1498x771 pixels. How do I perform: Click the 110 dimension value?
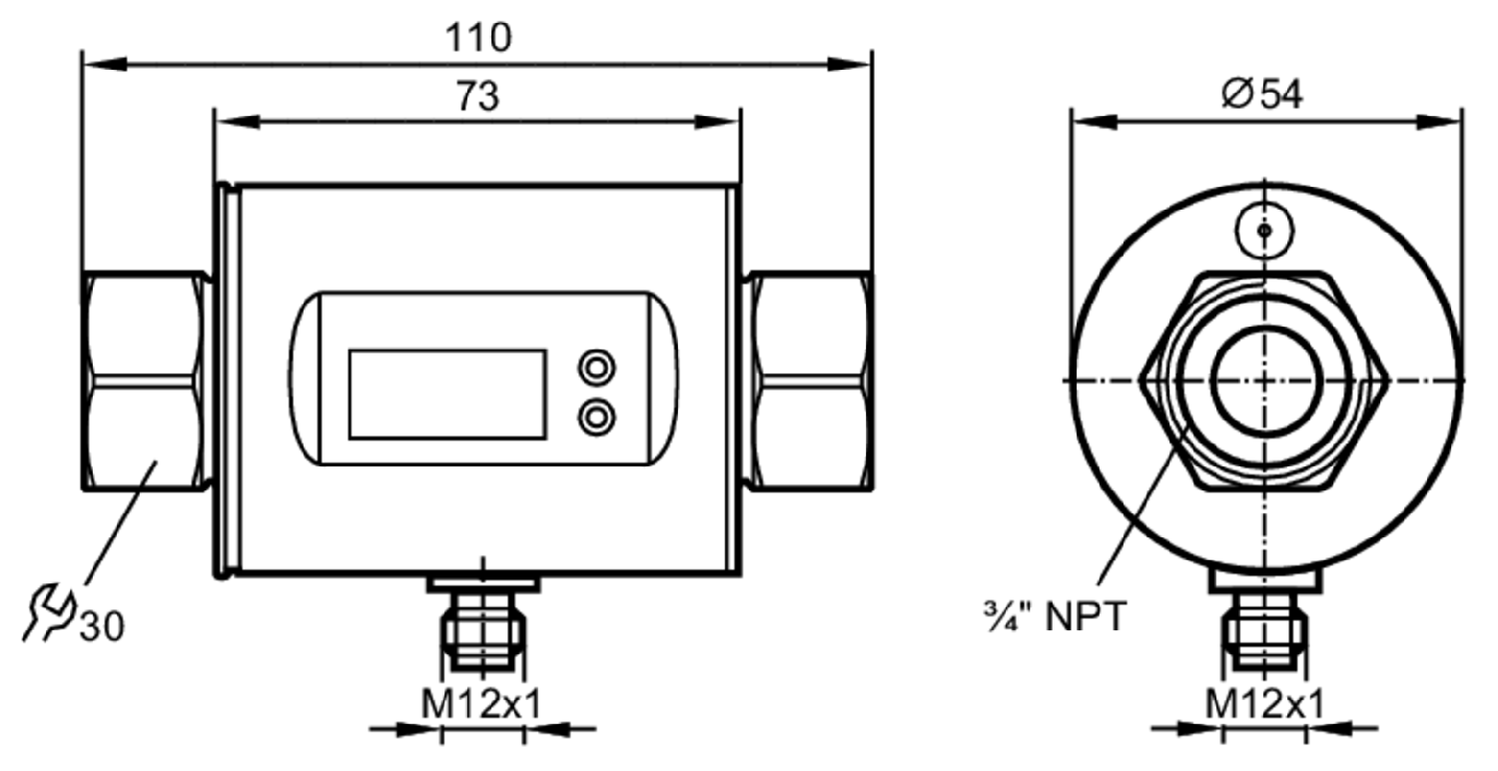[x=478, y=37]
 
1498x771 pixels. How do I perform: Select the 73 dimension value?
[x=477, y=96]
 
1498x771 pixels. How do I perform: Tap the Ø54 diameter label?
[x=1262, y=94]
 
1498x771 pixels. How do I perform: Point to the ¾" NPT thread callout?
[x=1055, y=616]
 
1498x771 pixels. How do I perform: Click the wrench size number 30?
[x=102, y=627]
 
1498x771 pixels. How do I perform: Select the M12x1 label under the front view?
[x=480, y=704]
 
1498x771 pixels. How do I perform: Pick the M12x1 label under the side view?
[x=1264, y=704]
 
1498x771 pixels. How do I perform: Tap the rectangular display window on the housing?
[x=447, y=394]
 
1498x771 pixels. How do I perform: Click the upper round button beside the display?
[x=596, y=368]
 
